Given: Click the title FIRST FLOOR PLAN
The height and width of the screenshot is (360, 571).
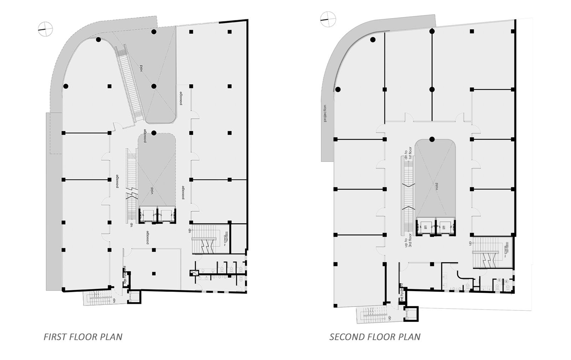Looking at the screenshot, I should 83,337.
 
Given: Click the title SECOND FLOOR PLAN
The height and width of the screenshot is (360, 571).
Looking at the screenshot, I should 375,337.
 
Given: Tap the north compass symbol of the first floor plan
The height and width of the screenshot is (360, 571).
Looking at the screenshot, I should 45,29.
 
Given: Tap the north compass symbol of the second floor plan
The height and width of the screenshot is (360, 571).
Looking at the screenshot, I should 328,19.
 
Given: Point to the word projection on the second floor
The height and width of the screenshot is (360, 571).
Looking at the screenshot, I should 325,113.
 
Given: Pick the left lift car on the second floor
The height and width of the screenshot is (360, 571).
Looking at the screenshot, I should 425,226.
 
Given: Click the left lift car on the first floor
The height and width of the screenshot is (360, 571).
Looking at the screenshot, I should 147,215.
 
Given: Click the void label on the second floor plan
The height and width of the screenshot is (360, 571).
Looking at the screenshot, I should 436,186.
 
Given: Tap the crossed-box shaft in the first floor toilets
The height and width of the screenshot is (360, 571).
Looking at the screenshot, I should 194,273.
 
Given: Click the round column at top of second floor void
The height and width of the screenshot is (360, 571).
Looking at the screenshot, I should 432,139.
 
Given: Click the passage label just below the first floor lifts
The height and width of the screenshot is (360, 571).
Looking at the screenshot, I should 147,237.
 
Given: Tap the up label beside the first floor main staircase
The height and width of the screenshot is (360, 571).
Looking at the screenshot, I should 189,231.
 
